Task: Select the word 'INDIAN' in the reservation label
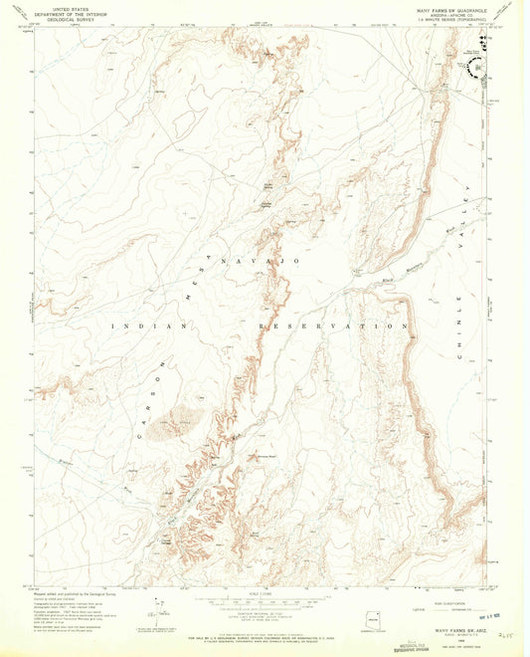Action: pyautogui.click(x=136, y=326)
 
